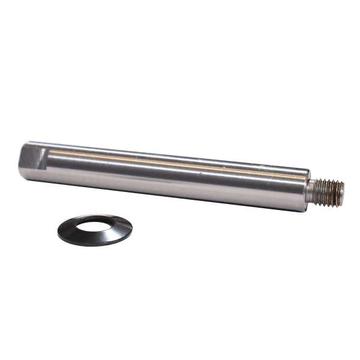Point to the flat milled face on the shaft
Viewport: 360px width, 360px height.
(x=33, y=157)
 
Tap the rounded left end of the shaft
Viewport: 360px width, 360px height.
(x=21, y=162)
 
